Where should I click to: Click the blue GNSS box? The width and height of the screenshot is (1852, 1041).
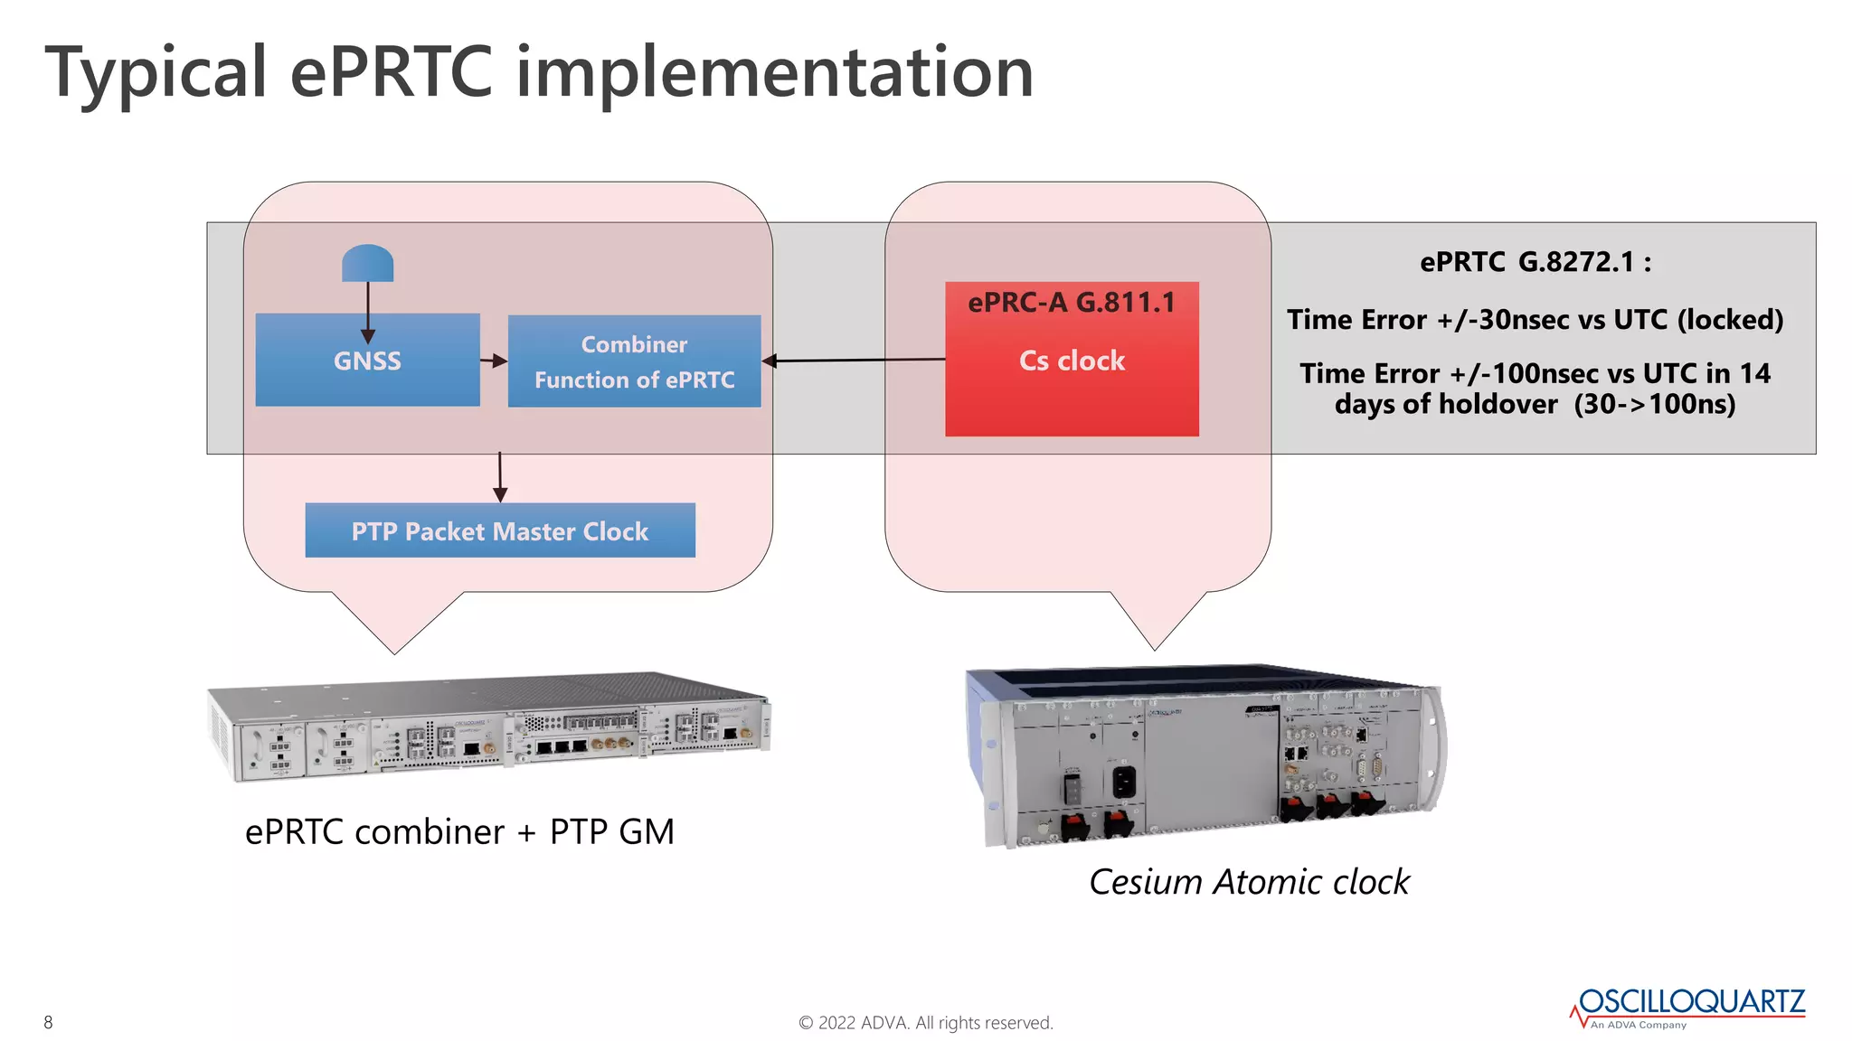tap(367, 361)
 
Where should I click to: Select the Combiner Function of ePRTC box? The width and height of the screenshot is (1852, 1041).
tap(634, 361)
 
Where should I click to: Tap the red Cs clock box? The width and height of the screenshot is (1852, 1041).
tap(1072, 380)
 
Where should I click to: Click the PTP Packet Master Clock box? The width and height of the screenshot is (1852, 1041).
tap(500, 531)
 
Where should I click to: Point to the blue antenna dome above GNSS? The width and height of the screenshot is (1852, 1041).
tap(367, 263)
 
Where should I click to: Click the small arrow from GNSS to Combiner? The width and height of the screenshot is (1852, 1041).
tap(494, 361)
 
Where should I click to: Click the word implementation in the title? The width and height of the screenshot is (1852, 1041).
tap(774, 72)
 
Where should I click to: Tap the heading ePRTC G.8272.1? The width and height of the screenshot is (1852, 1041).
tap(1535, 262)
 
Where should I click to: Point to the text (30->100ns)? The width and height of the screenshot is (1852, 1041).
tap(1654, 404)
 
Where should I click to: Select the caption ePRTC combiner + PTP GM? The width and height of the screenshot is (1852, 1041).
tap(459, 831)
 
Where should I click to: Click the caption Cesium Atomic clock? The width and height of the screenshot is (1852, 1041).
tap(1248, 882)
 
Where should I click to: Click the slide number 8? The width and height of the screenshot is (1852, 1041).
tap(48, 1022)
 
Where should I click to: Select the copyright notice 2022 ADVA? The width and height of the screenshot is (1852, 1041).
tap(925, 1023)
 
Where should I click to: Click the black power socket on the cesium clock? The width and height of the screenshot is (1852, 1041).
tap(1123, 782)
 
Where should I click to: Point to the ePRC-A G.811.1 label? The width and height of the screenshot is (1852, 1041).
tap(1072, 303)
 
